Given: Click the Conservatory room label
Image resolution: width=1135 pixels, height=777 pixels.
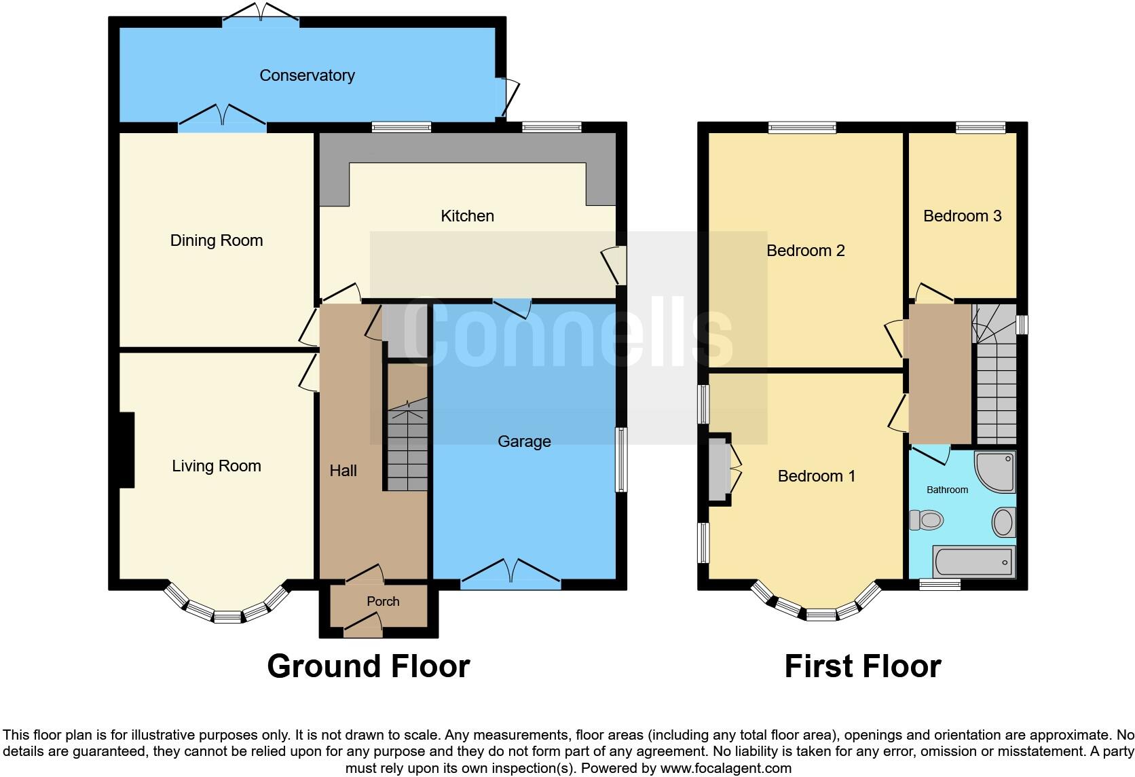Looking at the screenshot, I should [307, 75].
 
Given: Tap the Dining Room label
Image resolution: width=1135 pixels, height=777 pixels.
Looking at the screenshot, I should [216, 240].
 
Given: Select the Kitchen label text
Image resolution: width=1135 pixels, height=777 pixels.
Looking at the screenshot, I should [467, 216].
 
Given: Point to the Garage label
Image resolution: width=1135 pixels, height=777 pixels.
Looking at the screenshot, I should [524, 441].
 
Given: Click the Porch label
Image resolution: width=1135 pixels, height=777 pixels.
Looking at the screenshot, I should [383, 602].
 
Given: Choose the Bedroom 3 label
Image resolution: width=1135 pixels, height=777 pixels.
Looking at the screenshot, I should [962, 216].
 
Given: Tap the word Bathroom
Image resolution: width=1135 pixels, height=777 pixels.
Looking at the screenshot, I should [947, 490].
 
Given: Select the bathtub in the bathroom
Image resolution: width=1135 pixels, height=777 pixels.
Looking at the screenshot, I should [973, 562].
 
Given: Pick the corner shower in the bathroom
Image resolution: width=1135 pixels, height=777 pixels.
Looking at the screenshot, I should [995, 471].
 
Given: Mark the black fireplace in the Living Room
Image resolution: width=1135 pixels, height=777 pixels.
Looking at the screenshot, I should [126, 450].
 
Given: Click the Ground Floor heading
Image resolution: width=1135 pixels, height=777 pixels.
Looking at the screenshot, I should [368, 666].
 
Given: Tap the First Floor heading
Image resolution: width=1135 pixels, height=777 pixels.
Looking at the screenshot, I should [862, 666].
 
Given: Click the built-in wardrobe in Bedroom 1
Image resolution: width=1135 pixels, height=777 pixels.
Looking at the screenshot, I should [718, 469].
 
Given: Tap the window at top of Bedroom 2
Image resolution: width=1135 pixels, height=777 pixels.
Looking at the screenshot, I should [802, 127].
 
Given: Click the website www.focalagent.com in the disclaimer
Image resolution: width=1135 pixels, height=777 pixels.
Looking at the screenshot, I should [725, 769].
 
